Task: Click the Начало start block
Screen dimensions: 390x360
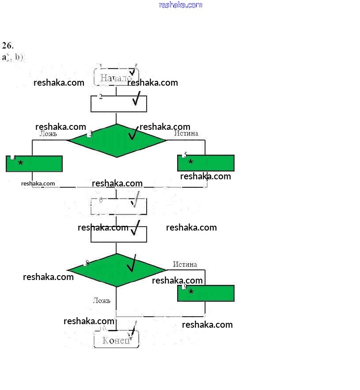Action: tap(116, 77)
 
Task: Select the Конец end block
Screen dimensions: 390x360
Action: tap(116, 340)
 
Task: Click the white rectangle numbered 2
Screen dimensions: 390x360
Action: tap(118, 104)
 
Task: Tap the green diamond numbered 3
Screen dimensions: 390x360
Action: tap(117, 140)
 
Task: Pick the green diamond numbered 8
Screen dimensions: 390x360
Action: tap(117, 270)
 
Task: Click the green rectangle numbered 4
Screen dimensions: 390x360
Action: tap(34, 163)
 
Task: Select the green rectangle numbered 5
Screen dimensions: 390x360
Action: tap(206, 163)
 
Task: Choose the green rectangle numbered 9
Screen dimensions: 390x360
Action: tap(206, 293)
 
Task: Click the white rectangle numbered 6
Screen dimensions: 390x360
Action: tap(118, 206)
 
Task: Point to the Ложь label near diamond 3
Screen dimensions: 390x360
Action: tap(48, 133)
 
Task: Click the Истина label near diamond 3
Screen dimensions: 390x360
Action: tap(186, 133)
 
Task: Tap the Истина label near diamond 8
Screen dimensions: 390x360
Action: tap(185, 264)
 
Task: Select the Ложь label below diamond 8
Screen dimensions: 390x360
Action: tap(102, 300)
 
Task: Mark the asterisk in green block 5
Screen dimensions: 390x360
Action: tap(191, 163)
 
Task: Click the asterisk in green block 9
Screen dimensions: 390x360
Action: tap(191, 292)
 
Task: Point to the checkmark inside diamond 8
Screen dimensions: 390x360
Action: tap(132, 264)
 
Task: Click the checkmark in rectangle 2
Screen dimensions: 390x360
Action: tap(136, 99)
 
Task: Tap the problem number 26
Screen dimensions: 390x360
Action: tap(8, 45)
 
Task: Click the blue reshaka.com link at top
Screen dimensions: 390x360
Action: tap(180, 5)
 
